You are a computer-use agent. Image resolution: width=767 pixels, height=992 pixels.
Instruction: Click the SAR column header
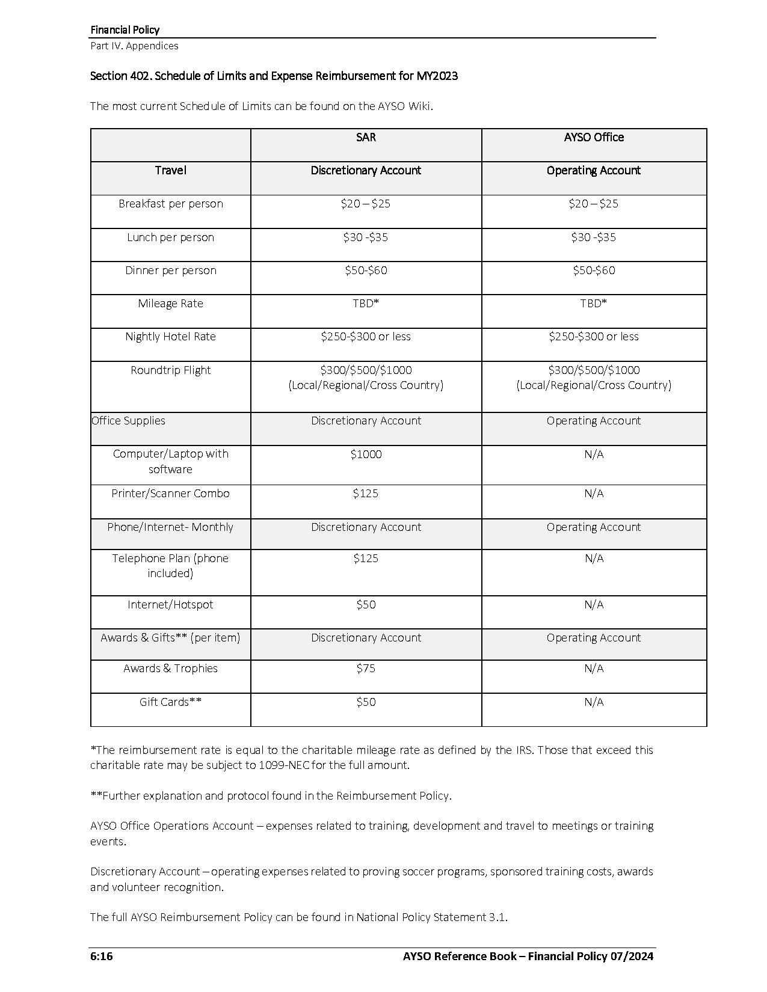pyautogui.click(x=366, y=138)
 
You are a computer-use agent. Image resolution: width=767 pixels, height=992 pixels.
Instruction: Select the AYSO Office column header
pyautogui.click(x=594, y=138)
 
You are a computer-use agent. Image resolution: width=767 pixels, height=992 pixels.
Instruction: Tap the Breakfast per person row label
pyautogui.click(x=171, y=204)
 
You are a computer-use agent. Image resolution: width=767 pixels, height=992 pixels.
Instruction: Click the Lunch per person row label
pyautogui.click(x=171, y=237)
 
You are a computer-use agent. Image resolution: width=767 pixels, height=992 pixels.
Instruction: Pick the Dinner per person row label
pyautogui.click(x=171, y=271)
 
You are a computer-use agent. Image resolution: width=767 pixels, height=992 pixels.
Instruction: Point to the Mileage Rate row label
pyautogui.click(x=171, y=304)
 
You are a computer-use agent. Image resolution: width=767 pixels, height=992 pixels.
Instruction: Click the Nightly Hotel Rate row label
pyautogui.click(x=171, y=337)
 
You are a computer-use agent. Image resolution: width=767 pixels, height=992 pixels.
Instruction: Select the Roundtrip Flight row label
pyautogui.click(x=171, y=370)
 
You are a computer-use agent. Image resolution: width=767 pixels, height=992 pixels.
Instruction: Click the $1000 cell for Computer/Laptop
pyautogui.click(x=366, y=455)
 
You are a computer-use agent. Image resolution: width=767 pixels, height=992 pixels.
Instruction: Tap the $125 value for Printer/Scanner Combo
pyautogui.click(x=366, y=494)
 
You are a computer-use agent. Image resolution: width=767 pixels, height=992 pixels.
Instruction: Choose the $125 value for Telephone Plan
pyautogui.click(x=366, y=559)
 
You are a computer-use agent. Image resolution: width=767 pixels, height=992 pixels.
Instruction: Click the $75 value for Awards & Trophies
pyautogui.click(x=366, y=669)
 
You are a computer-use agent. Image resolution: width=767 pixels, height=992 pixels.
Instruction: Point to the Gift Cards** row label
pyautogui.click(x=171, y=702)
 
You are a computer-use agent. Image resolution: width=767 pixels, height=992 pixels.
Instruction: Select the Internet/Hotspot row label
pyautogui.click(x=171, y=605)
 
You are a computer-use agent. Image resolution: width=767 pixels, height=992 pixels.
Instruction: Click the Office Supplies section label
pyautogui.click(x=129, y=421)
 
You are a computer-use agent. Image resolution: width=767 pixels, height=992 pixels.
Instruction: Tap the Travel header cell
pyautogui.click(x=171, y=171)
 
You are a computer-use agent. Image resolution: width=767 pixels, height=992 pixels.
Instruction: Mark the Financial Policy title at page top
pyautogui.click(x=125, y=29)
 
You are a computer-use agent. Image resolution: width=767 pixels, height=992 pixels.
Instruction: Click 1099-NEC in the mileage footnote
pyautogui.click(x=283, y=765)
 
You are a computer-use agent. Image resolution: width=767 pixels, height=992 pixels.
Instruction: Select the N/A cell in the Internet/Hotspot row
pyautogui.click(x=594, y=605)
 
